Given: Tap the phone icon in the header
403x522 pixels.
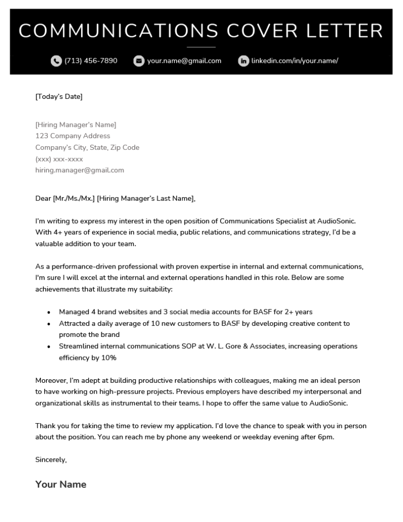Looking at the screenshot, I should click(x=56, y=61).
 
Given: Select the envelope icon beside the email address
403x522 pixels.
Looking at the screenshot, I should click(x=138, y=61).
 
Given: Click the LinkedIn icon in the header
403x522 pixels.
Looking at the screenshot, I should click(x=244, y=61).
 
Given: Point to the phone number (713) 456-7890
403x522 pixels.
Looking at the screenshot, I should click(x=91, y=61).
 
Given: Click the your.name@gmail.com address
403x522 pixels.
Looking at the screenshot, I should click(x=184, y=61).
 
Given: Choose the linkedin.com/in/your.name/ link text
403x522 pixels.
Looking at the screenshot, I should click(x=294, y=61).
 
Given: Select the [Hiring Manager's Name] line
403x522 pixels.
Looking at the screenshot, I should click(x=75, y=125).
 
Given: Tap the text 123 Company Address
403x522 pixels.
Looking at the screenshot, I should click(x=72, y=136).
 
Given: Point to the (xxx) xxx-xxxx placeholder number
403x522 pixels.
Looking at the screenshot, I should click(x=59, y=159).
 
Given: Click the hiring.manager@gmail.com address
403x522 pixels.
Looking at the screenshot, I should click(x=79, y=170).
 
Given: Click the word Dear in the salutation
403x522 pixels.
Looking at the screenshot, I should click(x=43, y=199).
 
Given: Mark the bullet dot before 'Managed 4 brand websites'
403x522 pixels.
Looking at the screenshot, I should click(x=48, y=312).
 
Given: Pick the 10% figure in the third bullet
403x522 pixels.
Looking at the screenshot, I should click(x=108, y=358).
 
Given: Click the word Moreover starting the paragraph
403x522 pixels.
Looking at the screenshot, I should click(x=51, y=381).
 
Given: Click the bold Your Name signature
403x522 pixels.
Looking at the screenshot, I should click(x=61, y=484).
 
